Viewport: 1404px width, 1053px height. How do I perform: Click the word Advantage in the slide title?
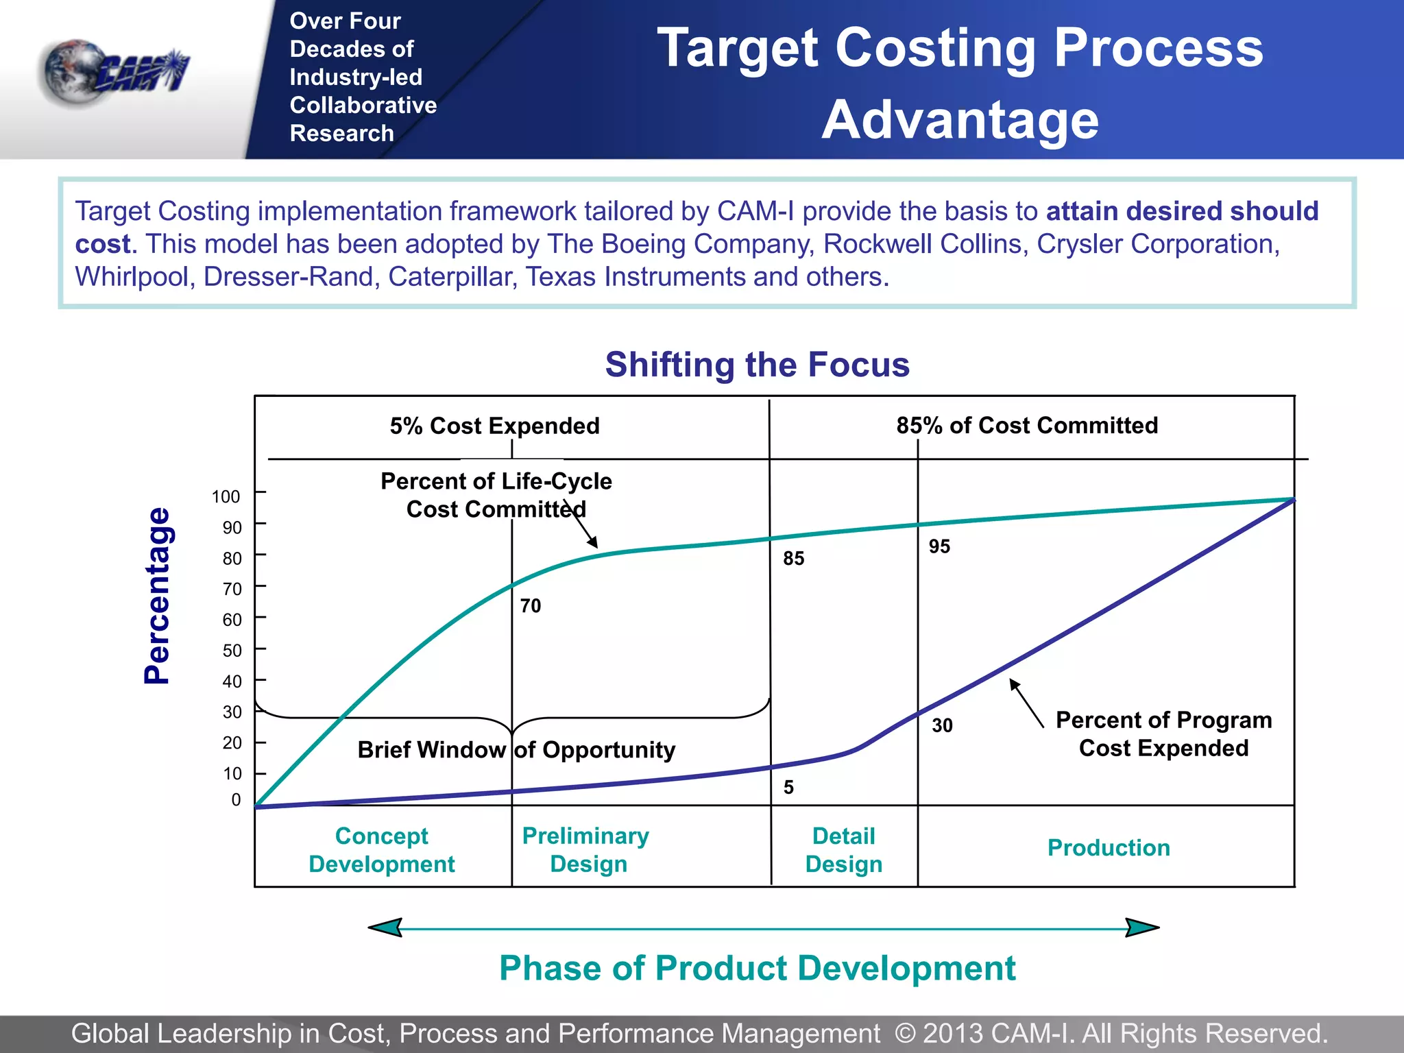[960, 120]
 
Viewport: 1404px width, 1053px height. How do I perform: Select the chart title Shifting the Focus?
[757, 364]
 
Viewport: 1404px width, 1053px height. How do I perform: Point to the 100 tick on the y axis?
[226, 496]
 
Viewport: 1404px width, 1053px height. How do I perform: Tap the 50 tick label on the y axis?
[232, 650]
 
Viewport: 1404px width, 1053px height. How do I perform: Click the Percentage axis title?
[157, 595]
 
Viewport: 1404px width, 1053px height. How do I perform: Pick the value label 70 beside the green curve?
[530, 605]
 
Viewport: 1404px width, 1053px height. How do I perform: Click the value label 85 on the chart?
[793, 558]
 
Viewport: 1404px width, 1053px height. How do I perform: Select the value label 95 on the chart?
[939, 546]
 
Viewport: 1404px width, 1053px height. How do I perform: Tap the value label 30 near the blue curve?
[942, 725]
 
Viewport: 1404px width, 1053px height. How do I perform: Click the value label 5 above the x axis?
[788, 787]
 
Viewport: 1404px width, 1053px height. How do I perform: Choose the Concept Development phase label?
[381, 849]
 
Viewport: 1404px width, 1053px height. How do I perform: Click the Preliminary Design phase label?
[586, 849]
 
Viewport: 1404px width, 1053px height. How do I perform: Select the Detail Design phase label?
[843, 849]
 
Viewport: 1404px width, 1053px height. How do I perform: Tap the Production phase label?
[1109, 847]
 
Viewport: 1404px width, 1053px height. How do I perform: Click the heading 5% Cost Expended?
[494, 426]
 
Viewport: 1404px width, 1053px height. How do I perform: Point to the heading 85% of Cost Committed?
[1027, 425]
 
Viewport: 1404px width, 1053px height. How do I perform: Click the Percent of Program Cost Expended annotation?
[1163, 734]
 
